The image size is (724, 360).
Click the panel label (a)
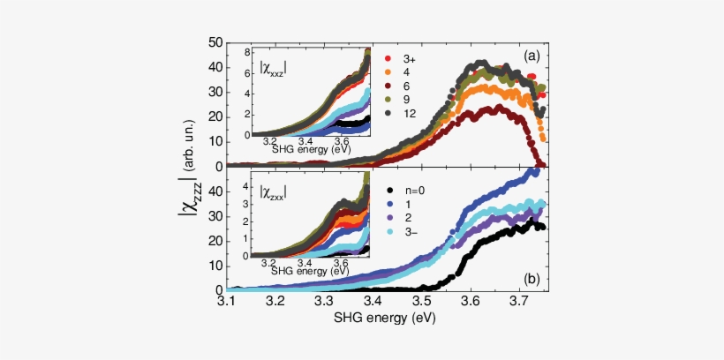click(531, 56)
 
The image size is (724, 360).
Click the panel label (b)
click(531, 279)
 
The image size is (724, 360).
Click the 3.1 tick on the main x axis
click(227, 302)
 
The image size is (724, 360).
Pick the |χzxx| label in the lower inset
click(278, 189)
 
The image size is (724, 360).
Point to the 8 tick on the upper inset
click(248, 53)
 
